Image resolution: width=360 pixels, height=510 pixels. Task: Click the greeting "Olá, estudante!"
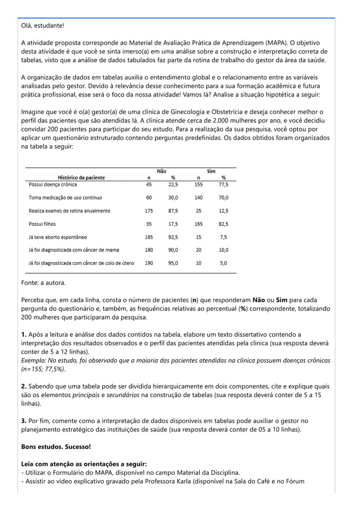pos(43,26)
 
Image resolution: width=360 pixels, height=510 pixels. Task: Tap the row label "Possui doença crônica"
pos(53,184)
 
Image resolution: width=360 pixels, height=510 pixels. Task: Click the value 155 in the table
pos(198,184)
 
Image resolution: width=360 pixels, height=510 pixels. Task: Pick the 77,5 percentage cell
pos(223,184)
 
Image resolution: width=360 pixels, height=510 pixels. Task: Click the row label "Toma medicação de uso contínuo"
pos(65,198)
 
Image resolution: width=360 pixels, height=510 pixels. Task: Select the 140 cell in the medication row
pos(198,198)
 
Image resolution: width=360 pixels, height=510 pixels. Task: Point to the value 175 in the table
pos(149,211)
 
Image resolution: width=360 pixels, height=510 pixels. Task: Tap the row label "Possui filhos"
pos(42,224)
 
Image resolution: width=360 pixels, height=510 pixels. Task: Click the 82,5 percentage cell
pos(223,224)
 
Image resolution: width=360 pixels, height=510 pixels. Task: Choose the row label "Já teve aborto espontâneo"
pos(58,237)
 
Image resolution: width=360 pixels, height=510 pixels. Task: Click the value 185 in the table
pos(149,237)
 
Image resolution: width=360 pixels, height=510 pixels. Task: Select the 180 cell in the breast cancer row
pos(149,250)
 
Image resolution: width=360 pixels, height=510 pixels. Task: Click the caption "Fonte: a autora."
pos(43,282)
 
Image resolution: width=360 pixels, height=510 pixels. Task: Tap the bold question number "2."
pos(24,386)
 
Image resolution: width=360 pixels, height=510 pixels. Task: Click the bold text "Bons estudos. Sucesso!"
pos(55,446)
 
